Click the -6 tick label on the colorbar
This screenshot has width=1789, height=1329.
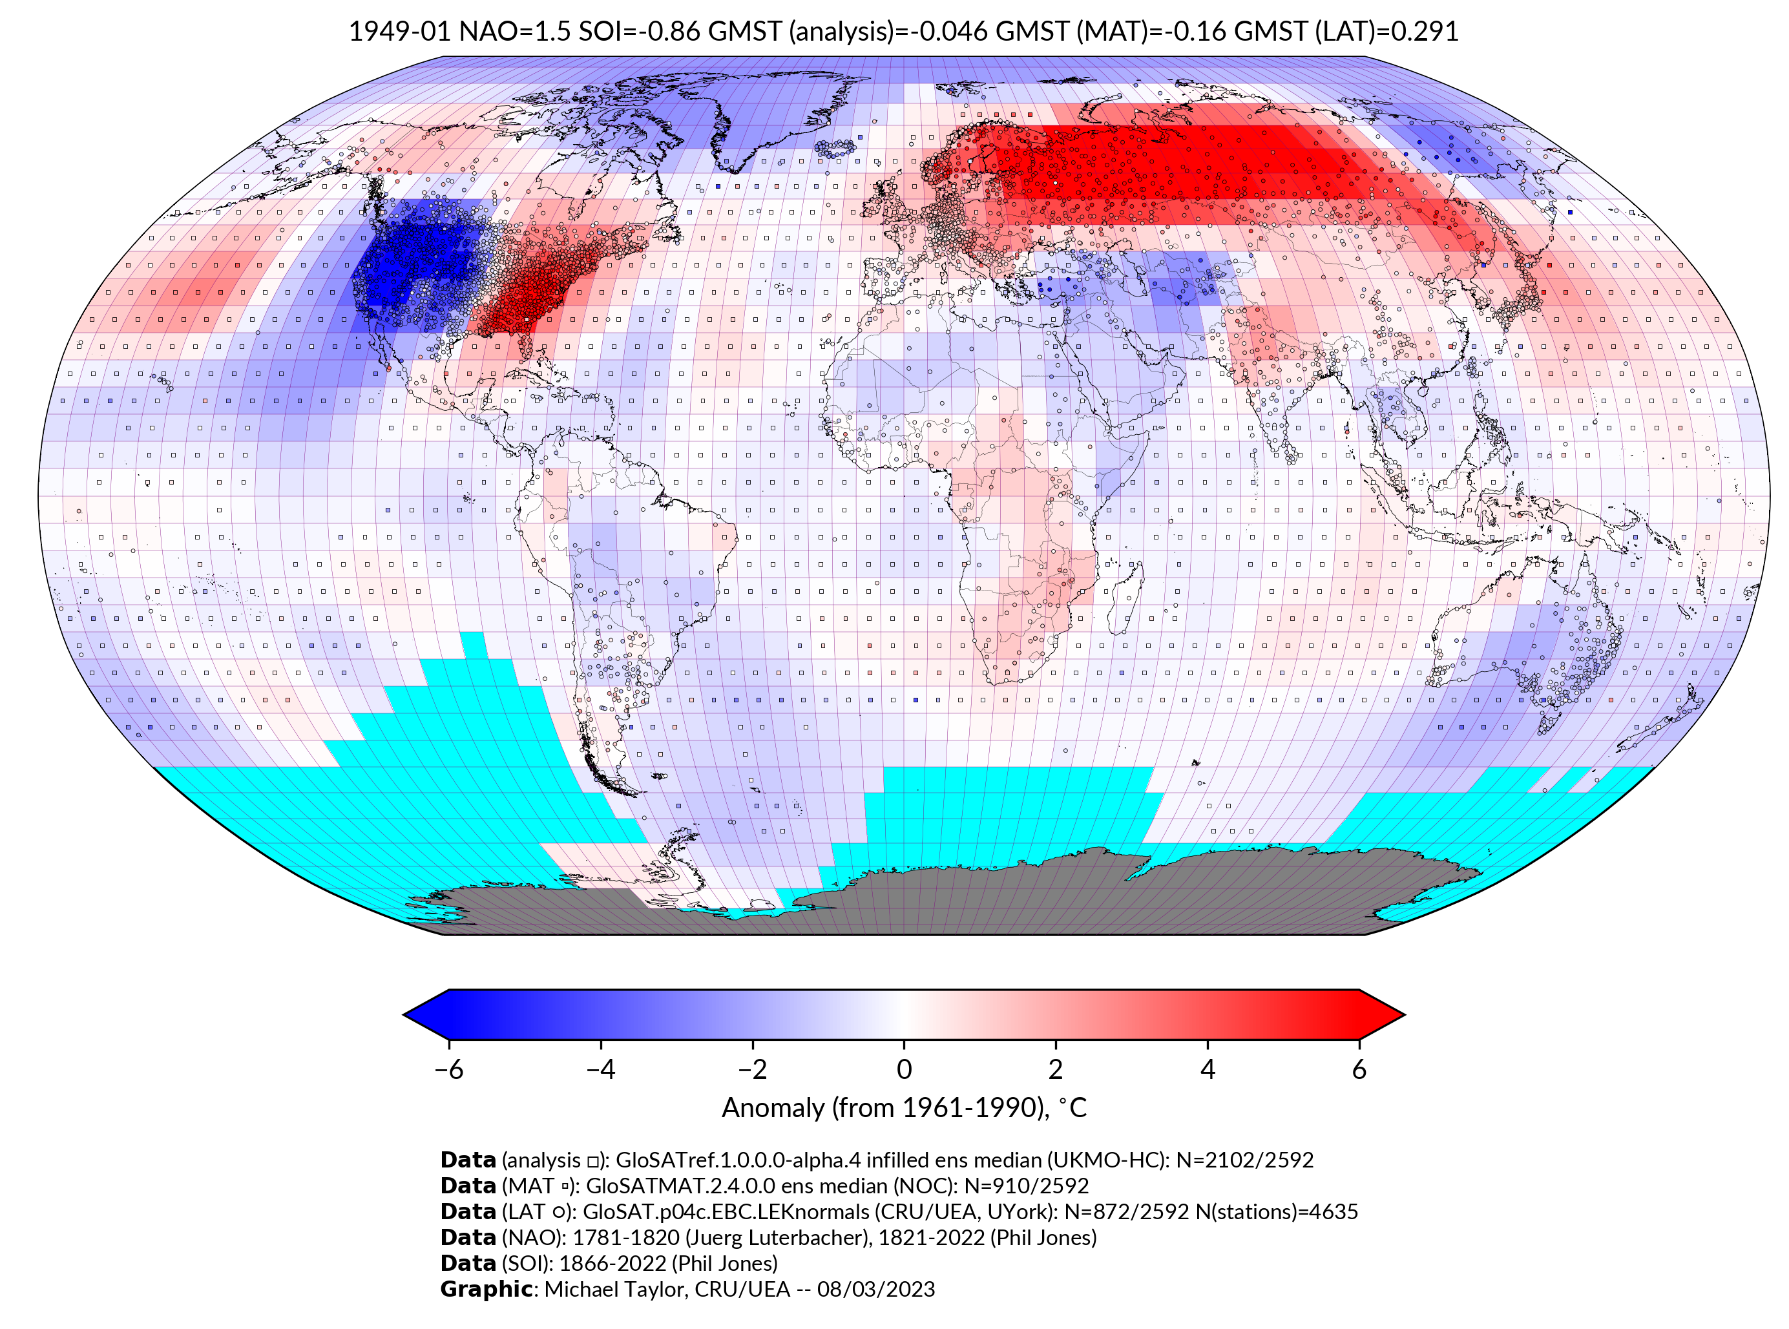pos(448,1069)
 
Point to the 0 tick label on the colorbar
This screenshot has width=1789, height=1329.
pos(904,1069)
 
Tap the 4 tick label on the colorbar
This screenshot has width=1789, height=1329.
pos(1208,1069)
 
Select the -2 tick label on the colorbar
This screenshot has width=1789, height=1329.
pos(752,1069)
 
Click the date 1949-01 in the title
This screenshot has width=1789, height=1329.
pos(399,32)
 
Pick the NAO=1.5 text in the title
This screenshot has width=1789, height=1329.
pos(515,32)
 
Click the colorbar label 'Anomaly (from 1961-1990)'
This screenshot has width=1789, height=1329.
pos(885,1108)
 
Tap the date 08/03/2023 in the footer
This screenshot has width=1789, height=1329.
pos(876,1290)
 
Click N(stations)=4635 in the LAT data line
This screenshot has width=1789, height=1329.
pos(1277,1211)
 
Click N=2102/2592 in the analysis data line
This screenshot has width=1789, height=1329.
pos(1244,1160)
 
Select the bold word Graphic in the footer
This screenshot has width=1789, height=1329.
pos(486,1290)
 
